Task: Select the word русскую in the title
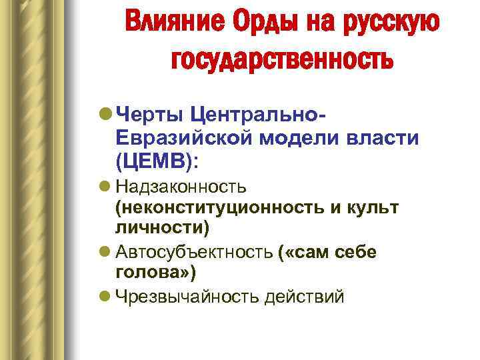point(391,23)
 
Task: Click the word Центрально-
point(257,115)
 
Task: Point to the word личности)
point(162,229)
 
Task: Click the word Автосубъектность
point(193,253)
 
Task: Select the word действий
point(304,297)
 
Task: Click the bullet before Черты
point(106,115)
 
